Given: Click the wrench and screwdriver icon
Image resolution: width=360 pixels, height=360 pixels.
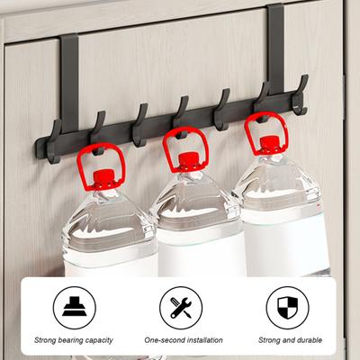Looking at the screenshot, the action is pyautogui.click(x=181, y=308).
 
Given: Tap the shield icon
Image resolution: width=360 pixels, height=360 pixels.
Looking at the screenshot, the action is pyautogui.click(x=288, y=308).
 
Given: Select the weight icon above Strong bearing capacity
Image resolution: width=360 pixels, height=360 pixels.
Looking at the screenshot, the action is pyautogui.click(x=75, y=306).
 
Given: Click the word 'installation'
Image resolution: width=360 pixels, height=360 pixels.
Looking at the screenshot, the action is pyautogui.click(x=204, y=340).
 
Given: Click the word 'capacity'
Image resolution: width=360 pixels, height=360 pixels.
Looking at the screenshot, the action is pyautogui.click(x=99, y=340).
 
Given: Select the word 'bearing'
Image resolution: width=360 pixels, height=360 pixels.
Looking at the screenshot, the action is pyautogui.click(x=70, y=340).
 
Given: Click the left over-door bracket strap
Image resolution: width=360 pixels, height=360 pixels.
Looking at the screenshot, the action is pyautogui.click(x=69, y=84).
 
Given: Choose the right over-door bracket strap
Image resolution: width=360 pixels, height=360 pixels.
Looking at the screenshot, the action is pyautogui.click(x=275, y=49).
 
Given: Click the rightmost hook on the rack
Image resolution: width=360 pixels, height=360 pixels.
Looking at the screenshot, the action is pyautogui.click(x=301, y=95).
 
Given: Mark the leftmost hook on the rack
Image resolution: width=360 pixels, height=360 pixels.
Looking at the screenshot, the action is pyautogui.click(x=54, y=141).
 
